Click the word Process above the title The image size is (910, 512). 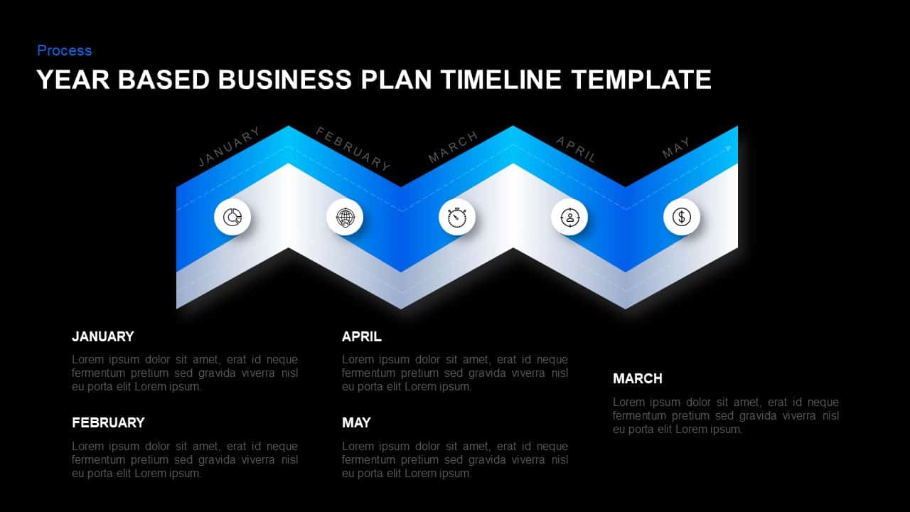point(64,50)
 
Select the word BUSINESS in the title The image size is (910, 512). point(284,79)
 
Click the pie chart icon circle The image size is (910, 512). point(232,217)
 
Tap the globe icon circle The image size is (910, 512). point(345,217)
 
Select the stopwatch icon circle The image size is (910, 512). point(457,217)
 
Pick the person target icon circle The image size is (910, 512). point(569,217)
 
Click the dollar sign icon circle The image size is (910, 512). point(682,217)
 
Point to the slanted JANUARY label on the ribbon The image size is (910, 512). point(229,147)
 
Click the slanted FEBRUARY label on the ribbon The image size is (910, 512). point(353,149)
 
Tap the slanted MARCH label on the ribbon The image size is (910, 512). point(454,147)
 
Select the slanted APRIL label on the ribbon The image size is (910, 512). point(576,149)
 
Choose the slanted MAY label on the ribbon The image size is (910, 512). point(676,148)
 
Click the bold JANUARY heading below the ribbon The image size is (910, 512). point(103,336)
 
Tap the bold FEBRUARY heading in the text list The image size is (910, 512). point(108,422)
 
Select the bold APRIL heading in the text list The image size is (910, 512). point(362,336)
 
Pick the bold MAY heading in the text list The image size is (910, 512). point(356,422)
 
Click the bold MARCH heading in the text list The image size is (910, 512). point(638,378)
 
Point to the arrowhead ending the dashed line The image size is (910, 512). point(729,148)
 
